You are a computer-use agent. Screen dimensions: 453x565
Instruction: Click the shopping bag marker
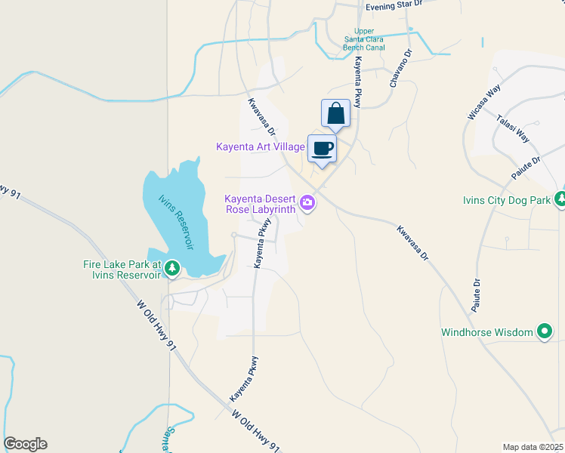(335, 114)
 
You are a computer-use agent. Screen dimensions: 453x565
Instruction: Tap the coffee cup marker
(322, 149)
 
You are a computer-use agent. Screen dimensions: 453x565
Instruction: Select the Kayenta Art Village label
(260, 146)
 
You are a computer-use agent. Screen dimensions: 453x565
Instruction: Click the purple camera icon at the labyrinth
(307, 202)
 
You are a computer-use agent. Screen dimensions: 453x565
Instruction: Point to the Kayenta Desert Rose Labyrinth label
(259, 205)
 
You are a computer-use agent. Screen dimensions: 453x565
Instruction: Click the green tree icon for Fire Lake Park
(172, 267)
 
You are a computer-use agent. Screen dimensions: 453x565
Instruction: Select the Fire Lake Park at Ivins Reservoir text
(122, 270)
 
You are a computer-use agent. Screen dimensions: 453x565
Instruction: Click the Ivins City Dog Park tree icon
(560, 199)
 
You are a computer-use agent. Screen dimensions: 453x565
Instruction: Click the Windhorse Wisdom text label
(487, 332)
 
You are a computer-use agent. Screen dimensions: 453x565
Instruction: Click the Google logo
(25, 444)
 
